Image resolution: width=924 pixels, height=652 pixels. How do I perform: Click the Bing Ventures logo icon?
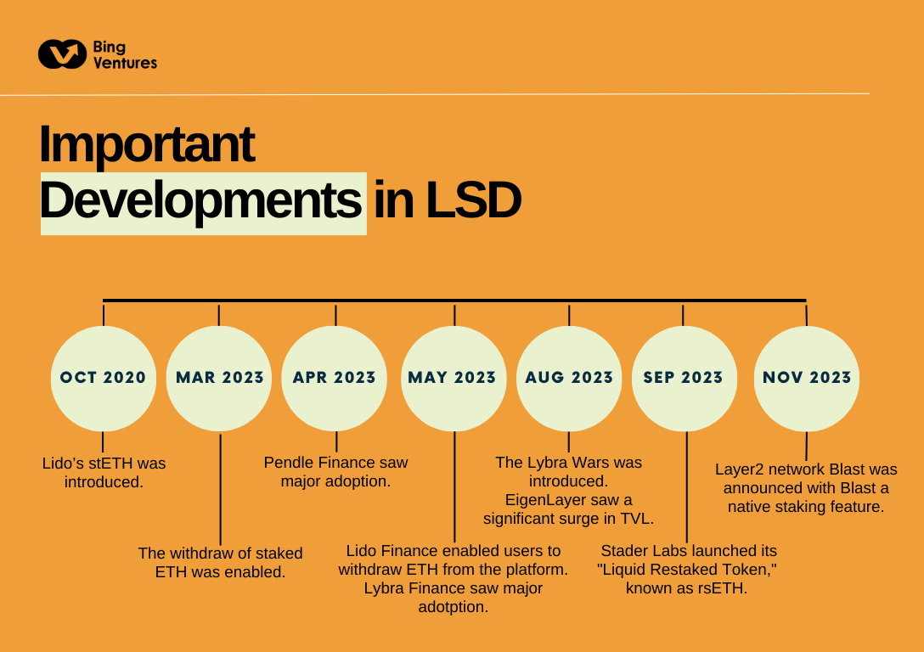[x=62, y=54]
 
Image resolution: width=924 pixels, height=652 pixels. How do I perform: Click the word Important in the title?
[x=146, y=143]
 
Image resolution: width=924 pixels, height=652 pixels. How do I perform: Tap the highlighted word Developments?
[x=202, y=202]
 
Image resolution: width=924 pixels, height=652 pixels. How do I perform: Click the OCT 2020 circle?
[x=104, y=378]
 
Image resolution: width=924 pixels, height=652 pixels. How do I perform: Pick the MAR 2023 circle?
[x=219, y=378]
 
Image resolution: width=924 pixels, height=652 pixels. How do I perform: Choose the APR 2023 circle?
[x=335, y=378]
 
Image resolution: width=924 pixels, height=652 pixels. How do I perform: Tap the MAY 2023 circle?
[x=454, y=378]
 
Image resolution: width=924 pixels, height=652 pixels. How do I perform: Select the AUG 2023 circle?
[x=569, y=378]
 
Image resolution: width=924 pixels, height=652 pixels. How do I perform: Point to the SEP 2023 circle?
[x=684, y=378]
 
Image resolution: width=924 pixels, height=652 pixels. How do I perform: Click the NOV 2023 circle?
[x=807, y=378]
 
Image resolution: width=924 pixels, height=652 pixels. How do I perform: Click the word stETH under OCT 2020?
[x=105, y=464]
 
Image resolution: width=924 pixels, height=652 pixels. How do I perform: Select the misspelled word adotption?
[x=454, y=607]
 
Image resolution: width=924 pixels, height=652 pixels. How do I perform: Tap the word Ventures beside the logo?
[x=125, y=63]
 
